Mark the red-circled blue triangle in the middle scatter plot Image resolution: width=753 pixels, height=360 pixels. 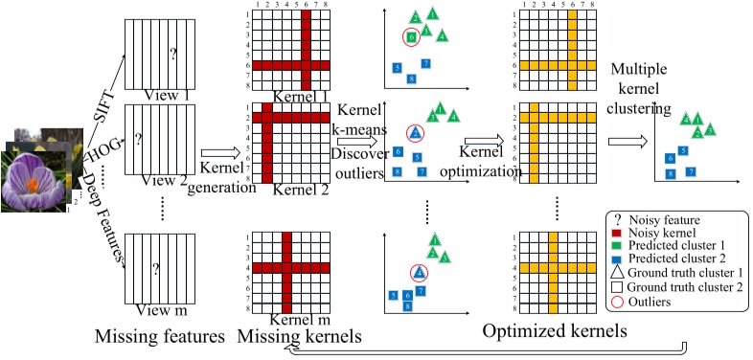pos(415,132)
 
